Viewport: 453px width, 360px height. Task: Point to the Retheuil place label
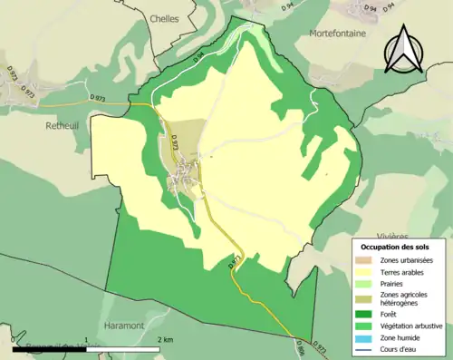[x=64, y=126]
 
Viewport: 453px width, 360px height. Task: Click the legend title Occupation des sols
[x=395, y=247]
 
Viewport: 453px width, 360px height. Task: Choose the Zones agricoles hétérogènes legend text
[x=405, y=298]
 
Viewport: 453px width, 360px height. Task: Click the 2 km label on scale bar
[x=164, y=340]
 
